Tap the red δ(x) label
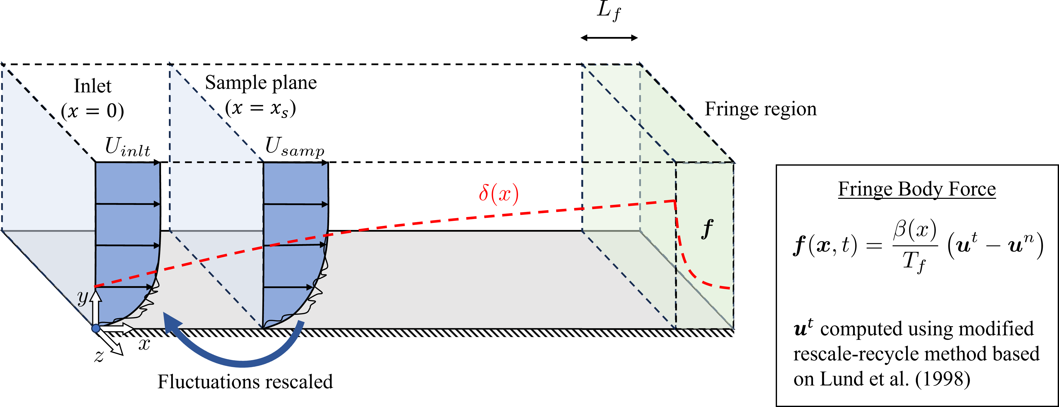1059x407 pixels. [x=498, y=194]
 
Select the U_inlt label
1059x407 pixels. [x=128, y=147]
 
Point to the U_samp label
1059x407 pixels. [x=294, y=147]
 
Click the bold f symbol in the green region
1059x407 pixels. [x=707, y=228]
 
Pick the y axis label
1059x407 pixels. [x=83, y=297]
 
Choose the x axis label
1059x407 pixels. [x=144, y=344]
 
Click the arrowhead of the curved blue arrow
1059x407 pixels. [x=171, y=322]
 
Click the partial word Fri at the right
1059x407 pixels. [x=719, y=109]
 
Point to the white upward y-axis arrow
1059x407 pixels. [x=96, y=306]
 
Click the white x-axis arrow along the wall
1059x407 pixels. [x=121, y=328]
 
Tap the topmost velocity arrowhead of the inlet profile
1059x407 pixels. [x=157, y=164]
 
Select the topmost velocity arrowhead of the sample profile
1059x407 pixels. [x=325, y=164]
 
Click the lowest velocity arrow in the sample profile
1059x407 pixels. [x=288, y=287]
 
